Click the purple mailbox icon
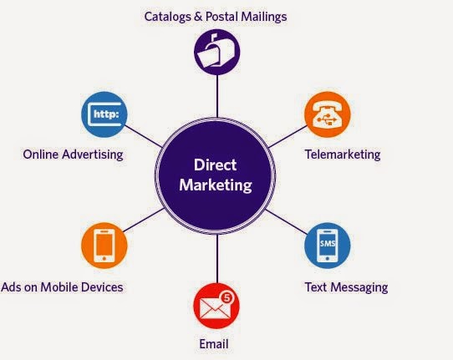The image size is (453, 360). click(x=217, y=53)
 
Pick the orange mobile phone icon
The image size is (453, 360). click(x=104, y=246)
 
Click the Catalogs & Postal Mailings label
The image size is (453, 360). click(x=216, y=16)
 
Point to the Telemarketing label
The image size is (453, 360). click(x=342, y=155)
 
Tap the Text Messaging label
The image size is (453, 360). click(x=346, y=287)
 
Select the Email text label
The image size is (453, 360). click(x=214, y=343)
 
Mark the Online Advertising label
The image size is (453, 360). click(x=73, y=154)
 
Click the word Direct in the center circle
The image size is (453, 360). click(x=216, y=167)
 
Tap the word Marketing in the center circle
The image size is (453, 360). click(x=216, y=185)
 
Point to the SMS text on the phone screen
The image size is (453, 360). click(x=328, y=242)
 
